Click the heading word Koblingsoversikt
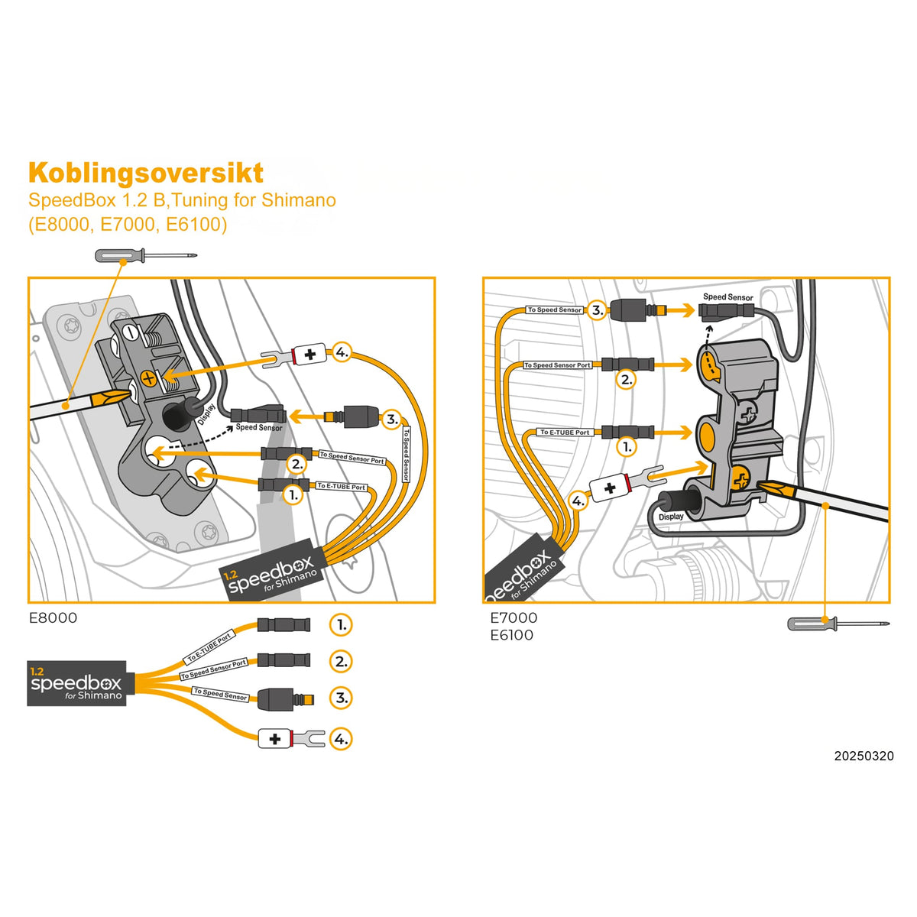click(145, 173)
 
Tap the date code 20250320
click(864, 756)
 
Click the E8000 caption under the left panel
click(53, 617)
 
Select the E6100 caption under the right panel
click(511, 635)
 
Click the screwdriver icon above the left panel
click(145, 255)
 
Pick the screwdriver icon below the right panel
click(838, 624)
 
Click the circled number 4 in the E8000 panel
click(342, 353)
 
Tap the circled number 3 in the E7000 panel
click(598, 310)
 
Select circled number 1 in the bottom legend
click(341, 624)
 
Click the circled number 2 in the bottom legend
click(341, 661)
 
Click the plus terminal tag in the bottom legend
click(274, 739)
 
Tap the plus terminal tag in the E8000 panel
click(310, 355)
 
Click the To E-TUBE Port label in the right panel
click(565, 433)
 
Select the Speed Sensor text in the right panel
click(727, 297)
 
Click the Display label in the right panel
click(671, 517)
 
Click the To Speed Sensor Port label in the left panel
click(352, 457)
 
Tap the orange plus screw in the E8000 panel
click(149, 378)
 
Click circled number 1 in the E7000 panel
click(627, 446)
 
